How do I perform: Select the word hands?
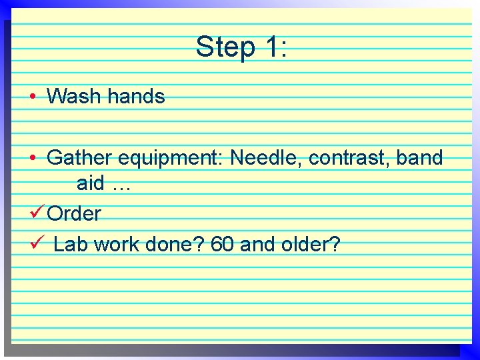click(136, 97)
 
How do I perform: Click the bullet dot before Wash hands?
click(33, 97)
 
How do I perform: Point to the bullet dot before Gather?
click(33, 159)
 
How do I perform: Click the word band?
click(419, 158)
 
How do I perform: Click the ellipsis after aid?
click(122, 186)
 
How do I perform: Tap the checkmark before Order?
click(37, 213)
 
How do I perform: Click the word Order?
click(75, 214)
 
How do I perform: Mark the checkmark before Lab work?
click(37, 244)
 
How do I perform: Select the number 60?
click(222, 245)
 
